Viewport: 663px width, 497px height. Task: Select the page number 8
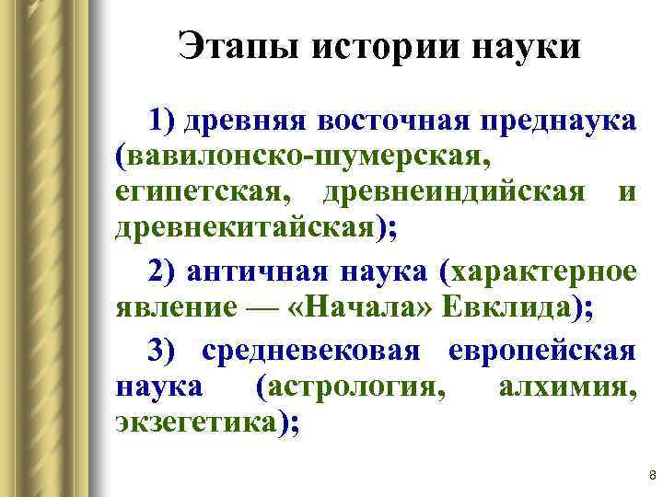(x=651, y=476)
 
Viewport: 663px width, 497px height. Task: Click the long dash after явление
(x=254, y=309)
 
